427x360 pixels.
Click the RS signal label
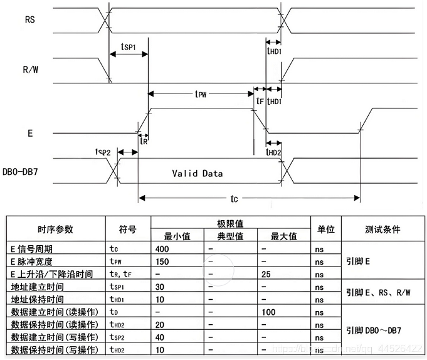29,19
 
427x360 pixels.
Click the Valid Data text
198,173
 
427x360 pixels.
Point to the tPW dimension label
201,93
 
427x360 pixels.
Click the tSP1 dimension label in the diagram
127,47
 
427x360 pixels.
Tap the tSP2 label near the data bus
103,152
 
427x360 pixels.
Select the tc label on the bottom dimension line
234,199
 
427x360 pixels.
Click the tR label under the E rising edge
143,142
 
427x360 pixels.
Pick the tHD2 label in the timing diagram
273,152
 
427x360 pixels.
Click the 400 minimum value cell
163,249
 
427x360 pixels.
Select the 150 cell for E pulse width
163,262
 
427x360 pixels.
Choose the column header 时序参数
55,229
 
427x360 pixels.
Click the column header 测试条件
382,229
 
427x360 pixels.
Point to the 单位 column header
325,229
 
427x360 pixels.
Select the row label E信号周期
36,249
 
